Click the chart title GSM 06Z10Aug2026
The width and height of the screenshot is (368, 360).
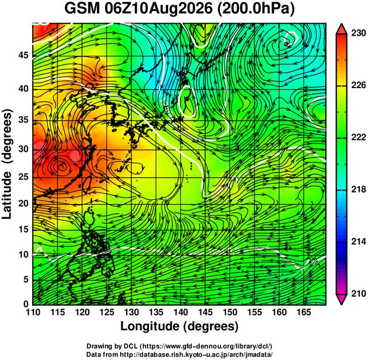(139, 9)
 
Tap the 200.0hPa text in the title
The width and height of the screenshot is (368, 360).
(256, 10)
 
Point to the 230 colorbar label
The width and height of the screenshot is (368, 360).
(358, 33)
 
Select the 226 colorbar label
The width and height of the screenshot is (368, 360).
(358, 85)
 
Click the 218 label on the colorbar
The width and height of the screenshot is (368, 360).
(358, 189)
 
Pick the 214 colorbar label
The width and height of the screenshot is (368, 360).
(358, 242)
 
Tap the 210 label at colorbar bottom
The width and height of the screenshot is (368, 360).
(358, 293)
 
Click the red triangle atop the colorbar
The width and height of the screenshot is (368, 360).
(341, 29)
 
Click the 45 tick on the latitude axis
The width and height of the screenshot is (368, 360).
(23, 56)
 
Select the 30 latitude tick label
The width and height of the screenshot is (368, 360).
(23, 149)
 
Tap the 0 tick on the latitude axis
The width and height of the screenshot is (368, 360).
(26, 304)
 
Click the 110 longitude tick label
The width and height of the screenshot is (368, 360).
(33, 312)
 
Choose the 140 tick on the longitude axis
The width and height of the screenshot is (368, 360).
(181, 312)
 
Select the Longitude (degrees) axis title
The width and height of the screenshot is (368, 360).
(180, 327)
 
